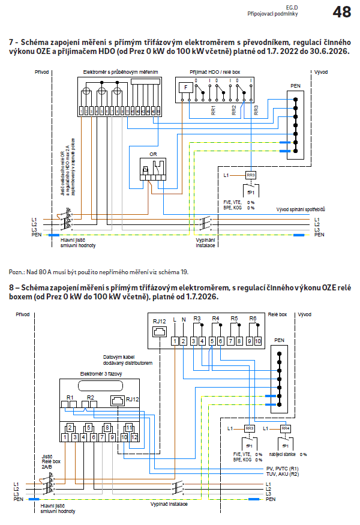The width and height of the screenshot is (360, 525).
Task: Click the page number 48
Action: tap(342, 12)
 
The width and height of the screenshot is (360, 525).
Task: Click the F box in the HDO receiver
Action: tap(186, 88)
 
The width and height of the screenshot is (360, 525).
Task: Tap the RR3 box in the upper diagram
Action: tap(251, 175)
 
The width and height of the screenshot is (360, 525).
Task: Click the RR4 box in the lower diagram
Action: tap(286, 428)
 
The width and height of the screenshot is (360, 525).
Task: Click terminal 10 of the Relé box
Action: tap(257, 341)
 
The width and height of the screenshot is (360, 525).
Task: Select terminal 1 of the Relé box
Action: tap(175, 341)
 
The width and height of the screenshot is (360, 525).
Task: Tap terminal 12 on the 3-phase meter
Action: tap(134, 438)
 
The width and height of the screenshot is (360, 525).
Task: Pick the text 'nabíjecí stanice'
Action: tap(284, 454)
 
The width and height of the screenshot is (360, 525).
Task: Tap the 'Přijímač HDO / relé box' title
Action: tap(214, 72)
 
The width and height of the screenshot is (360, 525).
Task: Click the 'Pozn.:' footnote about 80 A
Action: tap(96, 271)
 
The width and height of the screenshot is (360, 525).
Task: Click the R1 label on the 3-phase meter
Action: tap(70, 398)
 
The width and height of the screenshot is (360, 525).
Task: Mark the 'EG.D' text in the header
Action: tap(291, 7)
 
